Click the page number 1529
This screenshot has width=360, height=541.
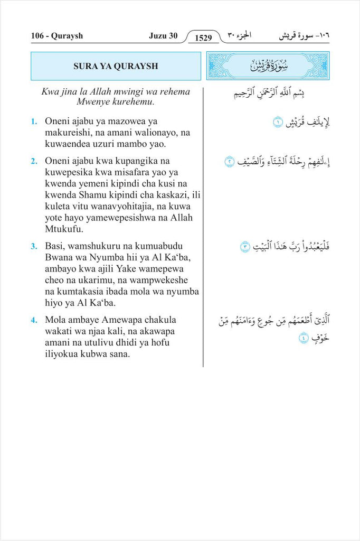pyautogui.click(x=203, y=38)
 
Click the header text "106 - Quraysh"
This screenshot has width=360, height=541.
pyautogui.click(x=56, y=36)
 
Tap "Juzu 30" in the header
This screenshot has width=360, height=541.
pyautogui.click(x=163, y=36)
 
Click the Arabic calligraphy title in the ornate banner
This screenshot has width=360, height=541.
pyautogui.click(x=267, y=66)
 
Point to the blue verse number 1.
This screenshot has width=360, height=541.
pyautogui.click(x=33, y=122)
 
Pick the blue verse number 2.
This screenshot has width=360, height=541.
pyautogui.click(x=33, y=160)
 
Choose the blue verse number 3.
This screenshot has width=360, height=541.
pyautogui.click(x=33, y=246)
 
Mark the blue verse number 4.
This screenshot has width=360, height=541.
pyautogui.click(x=33, y=320)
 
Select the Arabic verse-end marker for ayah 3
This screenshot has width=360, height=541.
pyautogui.click(x=244, y=246)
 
